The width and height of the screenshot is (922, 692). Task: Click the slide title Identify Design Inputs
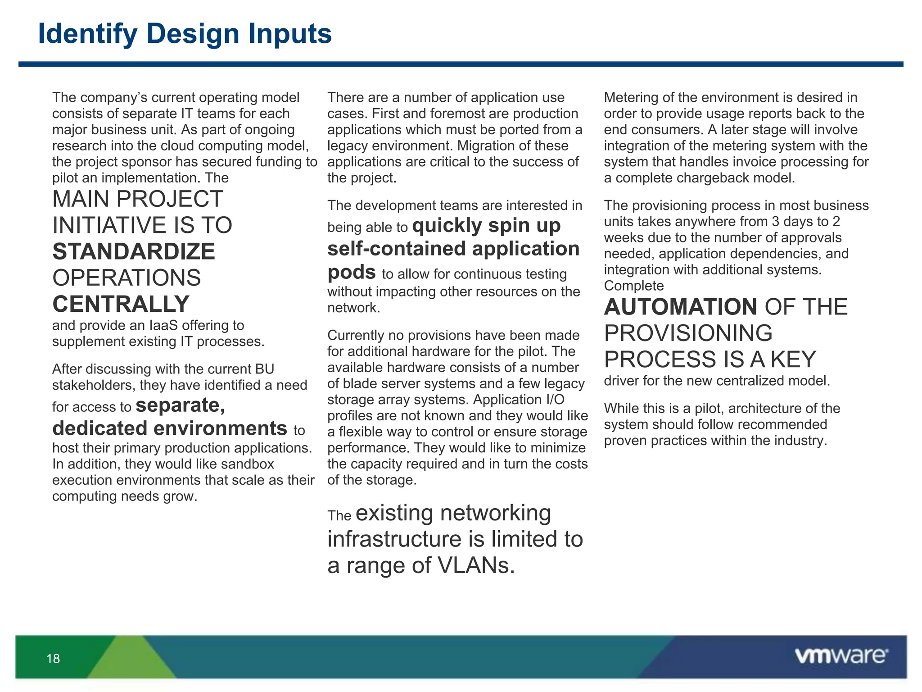[185, 34]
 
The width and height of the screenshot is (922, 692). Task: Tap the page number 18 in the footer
[53, 659]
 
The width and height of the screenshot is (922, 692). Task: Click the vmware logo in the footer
[841, 656]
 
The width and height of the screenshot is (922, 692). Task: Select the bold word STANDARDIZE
[134, 251]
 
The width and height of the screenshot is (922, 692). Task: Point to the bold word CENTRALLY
[121, 304]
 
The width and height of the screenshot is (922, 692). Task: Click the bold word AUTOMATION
[680, 307]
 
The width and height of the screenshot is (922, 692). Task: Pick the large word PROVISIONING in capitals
[688, 333]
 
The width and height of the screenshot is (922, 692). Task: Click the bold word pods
[351, 272]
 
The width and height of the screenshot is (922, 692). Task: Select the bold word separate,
[180, 405]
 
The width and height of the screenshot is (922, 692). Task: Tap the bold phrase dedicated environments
[170, 428]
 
